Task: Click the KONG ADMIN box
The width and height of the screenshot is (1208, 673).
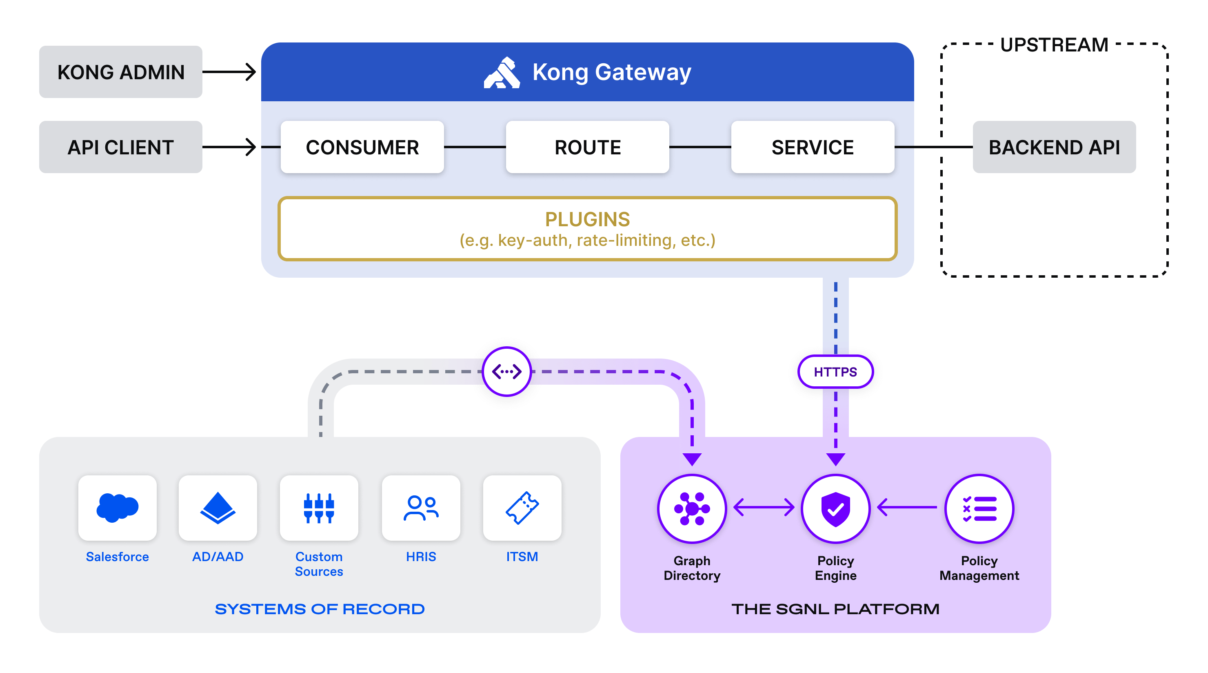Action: [x=120, y=72]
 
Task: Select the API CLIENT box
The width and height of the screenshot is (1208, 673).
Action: [x=120, y=147]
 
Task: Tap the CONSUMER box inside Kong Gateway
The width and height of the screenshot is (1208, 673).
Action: [x=362, y=147]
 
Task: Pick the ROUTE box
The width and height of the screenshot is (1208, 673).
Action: [x=587, y=147]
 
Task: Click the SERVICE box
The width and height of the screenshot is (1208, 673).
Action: [x=812, y=147]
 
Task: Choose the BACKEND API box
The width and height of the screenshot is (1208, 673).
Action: [x=1054, y=147]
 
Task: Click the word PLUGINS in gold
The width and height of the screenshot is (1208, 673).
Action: [x=587, y=219]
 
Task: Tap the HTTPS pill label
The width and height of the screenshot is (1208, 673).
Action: [x=835, y=372]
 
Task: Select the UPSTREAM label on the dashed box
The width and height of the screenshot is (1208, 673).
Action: [x=1054, y=45]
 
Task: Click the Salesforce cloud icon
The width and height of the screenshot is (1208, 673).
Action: [x=117, y=508]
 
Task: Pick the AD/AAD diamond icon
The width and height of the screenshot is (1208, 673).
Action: [x=218, y=508]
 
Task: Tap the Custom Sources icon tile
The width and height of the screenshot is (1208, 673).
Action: [x=319, y=508]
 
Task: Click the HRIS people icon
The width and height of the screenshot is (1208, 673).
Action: [x=421, y=508]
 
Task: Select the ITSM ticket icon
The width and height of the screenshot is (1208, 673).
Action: [x=522, y=508]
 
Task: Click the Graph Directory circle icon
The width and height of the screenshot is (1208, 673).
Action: [x=692, y=509]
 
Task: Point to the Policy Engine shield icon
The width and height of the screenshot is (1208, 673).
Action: [x=835, y=509]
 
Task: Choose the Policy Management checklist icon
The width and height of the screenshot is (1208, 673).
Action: [x=979, y=509]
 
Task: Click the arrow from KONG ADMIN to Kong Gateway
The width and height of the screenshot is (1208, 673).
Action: [x=229, y=72]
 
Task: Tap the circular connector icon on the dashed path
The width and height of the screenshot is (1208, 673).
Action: [x=506, y=372]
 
